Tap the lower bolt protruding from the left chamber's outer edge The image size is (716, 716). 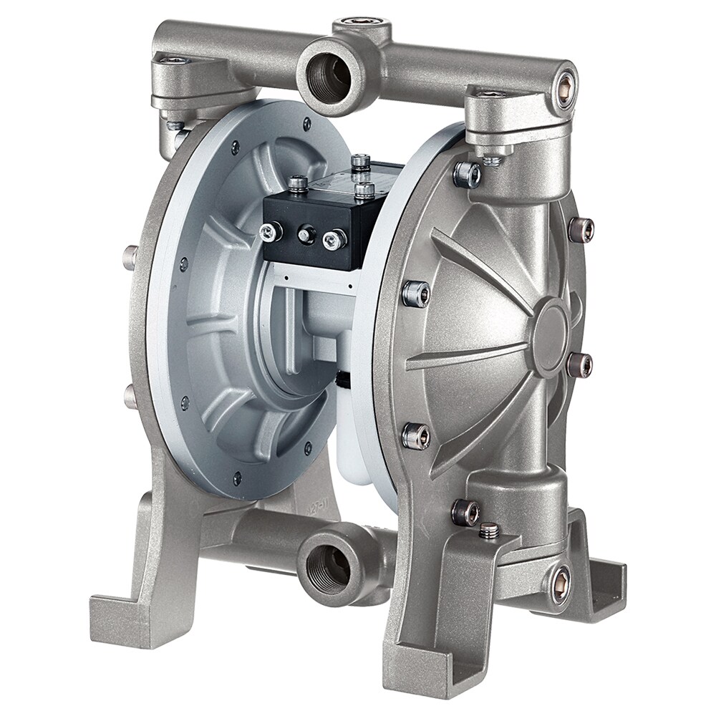tap(130, 396)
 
